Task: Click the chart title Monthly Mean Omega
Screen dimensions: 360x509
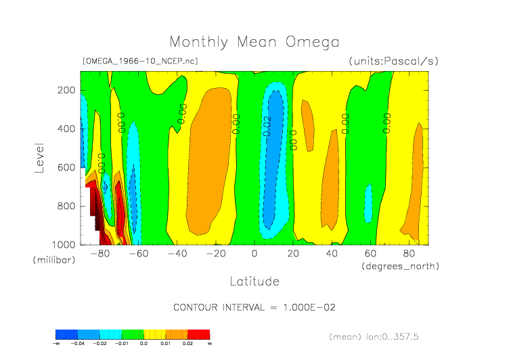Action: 254,42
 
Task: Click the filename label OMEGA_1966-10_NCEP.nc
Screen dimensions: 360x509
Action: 139,61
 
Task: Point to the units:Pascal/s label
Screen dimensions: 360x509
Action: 393,61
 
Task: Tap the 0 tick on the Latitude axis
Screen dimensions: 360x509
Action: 255,254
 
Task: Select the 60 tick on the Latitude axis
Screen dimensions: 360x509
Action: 370,254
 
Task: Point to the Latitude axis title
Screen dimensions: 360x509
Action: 255,280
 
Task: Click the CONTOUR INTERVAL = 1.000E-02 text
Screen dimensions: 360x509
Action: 255,307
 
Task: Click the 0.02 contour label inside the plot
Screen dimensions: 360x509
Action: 267,126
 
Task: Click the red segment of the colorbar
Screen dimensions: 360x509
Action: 198,334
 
